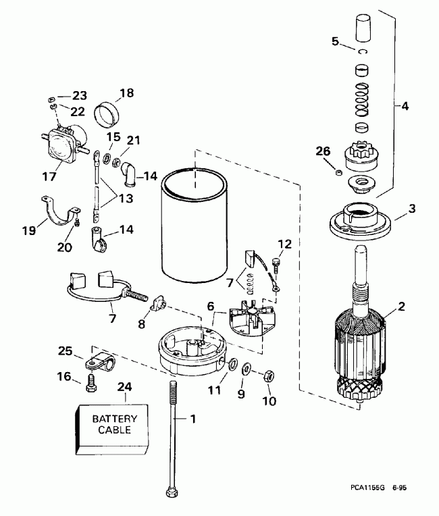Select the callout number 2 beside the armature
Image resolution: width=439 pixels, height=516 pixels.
click(401, 306)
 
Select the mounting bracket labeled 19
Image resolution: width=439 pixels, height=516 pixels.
click(57, 211)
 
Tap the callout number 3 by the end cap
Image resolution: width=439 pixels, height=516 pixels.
click(403, 209)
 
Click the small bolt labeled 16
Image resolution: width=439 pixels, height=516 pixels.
click(93, 385)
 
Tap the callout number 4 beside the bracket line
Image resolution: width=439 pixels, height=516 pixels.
click(405, 106)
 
